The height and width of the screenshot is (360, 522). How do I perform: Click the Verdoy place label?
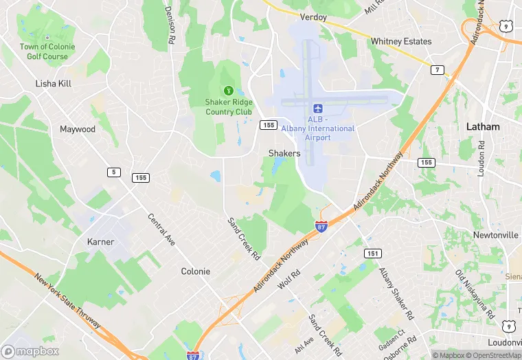tap(314, 16)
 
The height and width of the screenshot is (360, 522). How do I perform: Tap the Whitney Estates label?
tap(401, 41)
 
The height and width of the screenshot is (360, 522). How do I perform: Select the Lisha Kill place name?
tap(54, 83)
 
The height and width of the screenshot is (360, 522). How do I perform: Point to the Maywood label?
tap(77, 129)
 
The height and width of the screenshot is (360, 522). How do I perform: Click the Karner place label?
tap(100, 242)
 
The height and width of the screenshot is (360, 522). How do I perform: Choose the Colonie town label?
tap(195, 271)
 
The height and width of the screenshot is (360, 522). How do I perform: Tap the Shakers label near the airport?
tap(284, 153)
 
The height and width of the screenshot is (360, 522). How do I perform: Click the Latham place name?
tap(483, 127)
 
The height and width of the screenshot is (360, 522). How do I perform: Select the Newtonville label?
tap(495, 235)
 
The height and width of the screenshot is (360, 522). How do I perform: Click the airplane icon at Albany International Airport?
tap(317, 109)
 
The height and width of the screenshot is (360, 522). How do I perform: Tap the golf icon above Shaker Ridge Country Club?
tap(228, 90)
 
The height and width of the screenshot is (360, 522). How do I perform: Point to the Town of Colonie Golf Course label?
tap(47, 51)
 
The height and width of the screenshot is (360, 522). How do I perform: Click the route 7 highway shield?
tap(437, 70)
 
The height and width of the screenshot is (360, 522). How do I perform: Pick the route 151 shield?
tap(372, 253)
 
